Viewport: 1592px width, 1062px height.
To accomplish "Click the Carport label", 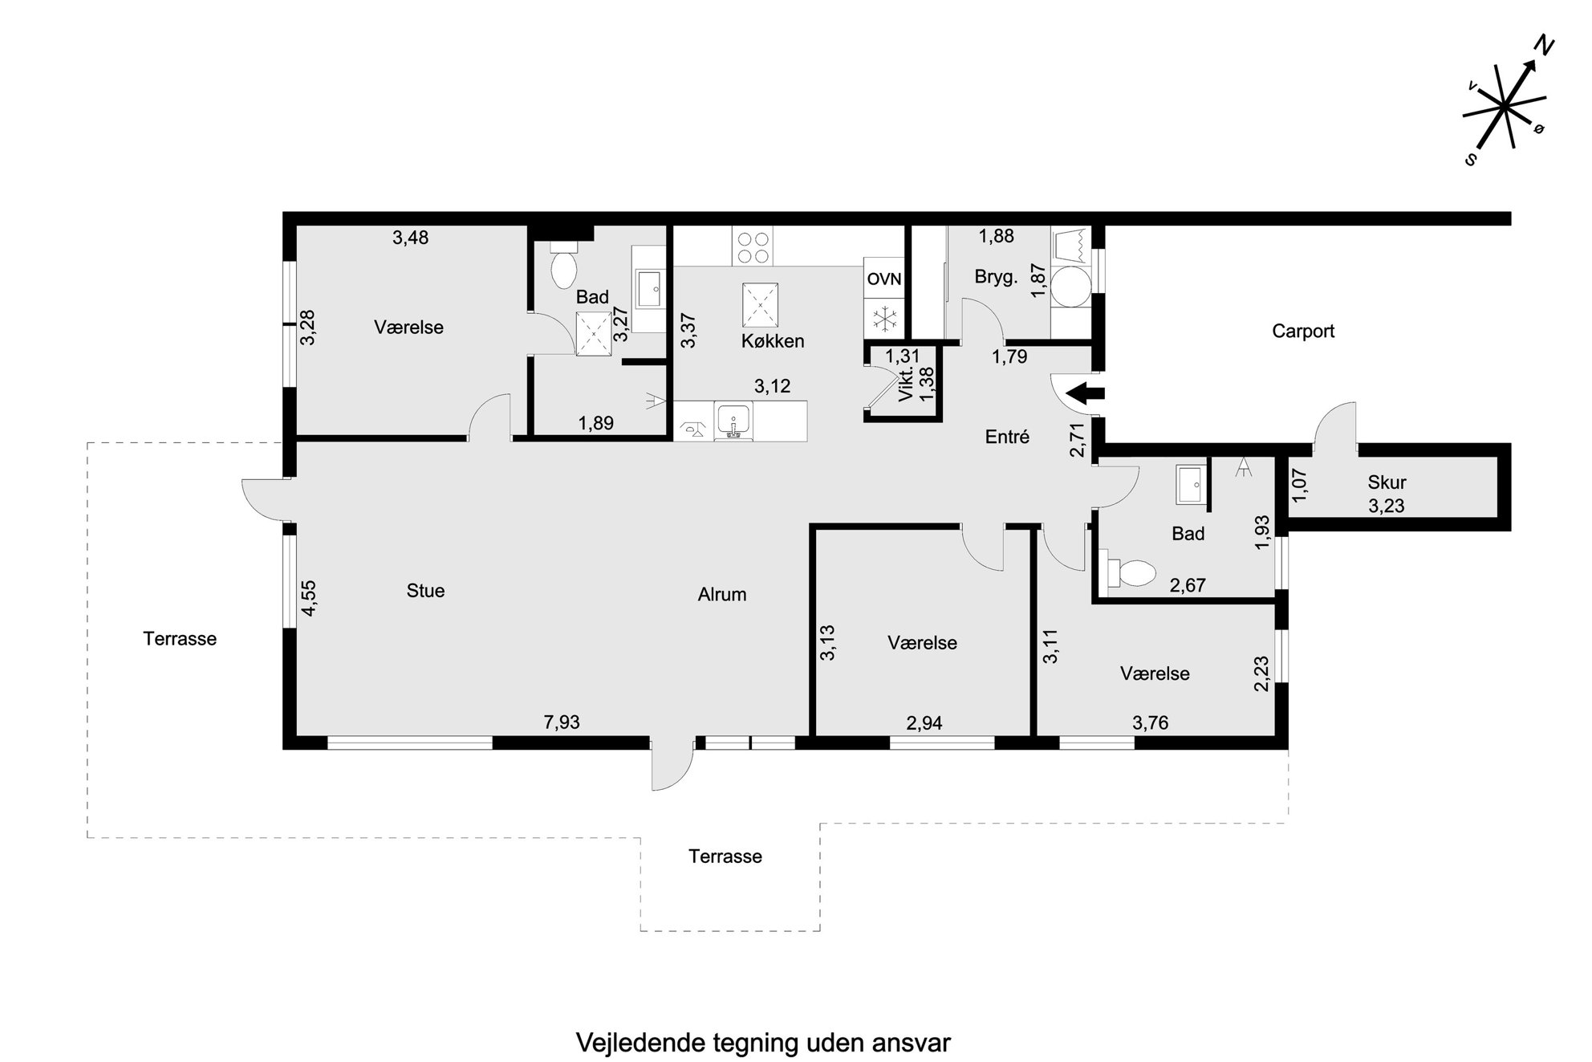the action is [1303, 331].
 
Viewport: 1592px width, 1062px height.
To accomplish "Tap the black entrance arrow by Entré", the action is [1084, 393].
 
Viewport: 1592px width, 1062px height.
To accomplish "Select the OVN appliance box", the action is [884, 279].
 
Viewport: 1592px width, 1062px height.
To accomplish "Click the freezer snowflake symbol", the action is [884, 319].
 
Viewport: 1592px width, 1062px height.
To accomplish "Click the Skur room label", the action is [1387, 482].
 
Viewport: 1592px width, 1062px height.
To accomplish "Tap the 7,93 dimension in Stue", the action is [562, 722].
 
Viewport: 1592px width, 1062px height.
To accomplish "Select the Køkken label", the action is [773, 341].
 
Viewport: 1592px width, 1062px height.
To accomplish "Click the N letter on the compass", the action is [1544, 47].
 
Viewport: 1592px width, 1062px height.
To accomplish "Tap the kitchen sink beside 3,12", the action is [733, 421].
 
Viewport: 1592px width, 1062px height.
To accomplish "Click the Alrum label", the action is [722, 595].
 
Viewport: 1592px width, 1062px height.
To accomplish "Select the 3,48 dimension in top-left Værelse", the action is [410, 237].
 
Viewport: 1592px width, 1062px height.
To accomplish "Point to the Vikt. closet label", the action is [906, 384].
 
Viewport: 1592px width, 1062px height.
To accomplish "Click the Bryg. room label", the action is [997, 278].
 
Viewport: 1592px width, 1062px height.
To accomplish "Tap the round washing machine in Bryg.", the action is [1071, 287].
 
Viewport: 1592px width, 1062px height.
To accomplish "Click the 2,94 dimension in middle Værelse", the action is [924, 723].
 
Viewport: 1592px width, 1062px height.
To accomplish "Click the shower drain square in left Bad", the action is [594, 332].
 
